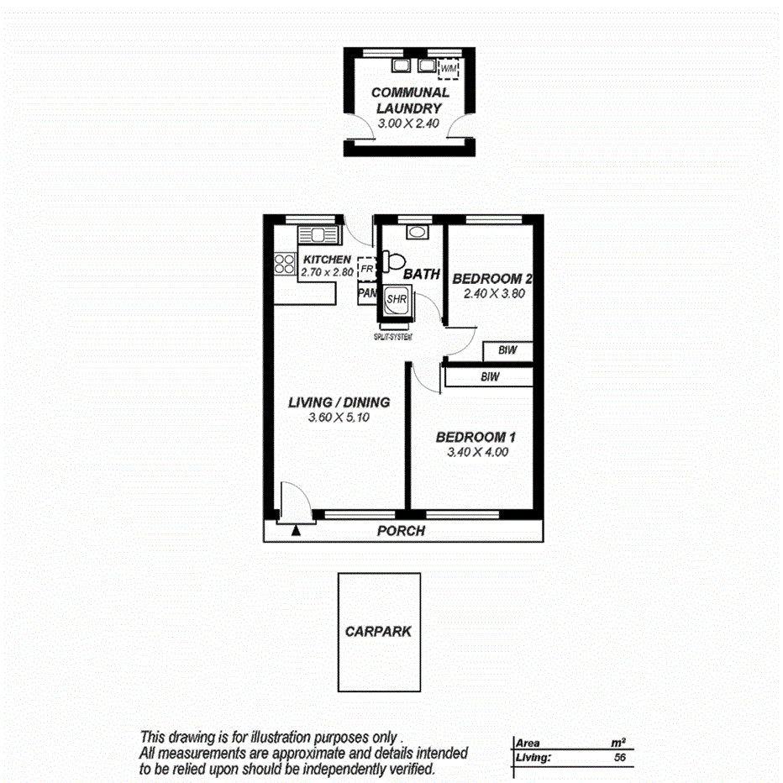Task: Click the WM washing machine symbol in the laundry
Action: (x=449, y=68)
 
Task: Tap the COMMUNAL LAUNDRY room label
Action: (x=410, y=100)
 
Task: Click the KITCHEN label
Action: (x=327, y=260)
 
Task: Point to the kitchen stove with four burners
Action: (x=283, y=265)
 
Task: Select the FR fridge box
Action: (x=366, y=268)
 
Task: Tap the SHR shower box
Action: (x=396, y=300)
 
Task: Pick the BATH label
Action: (x=422, y=275)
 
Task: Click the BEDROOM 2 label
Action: (x=493, y=279)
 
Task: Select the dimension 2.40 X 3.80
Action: (x=493, y=294)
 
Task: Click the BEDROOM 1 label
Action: (x=475, y=437)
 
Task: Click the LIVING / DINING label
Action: (x=339, y=402)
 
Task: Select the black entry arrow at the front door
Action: (x=295, y=529)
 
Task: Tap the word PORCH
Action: (x=401, y=531)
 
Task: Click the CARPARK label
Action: (x=378, y=631)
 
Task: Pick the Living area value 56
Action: (x=620, y=758)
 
